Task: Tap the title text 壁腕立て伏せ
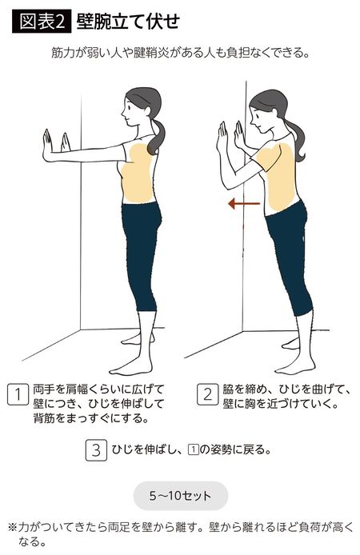[x=129, y=22]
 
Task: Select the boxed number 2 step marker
[x=207, y=393]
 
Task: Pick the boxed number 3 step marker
[x=95, y=449]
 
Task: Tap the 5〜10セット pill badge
[x=180, y=496]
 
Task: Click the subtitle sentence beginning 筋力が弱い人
[x=179, y=54]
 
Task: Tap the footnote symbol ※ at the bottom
[x=12, y=527]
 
